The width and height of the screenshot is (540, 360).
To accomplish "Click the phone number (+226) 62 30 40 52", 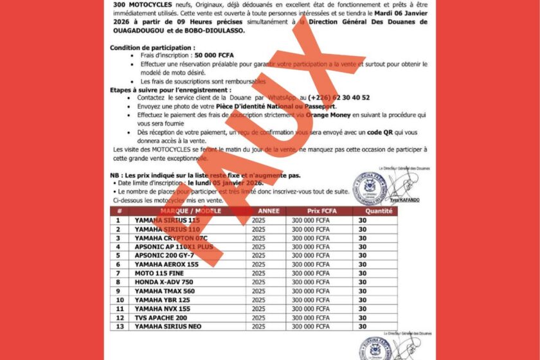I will pyautogui.click(x=338, y=98).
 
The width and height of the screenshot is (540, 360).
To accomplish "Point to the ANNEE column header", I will pyautogui.click(x=269, y=211).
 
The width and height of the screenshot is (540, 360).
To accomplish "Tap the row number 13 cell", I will pyautogui.click(x=118, y=327).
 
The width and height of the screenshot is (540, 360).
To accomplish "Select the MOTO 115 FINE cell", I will pyautogui.click(x=158, y=273).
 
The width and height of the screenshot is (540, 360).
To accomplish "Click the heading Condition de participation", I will pyautogui.click(x=152, y=48).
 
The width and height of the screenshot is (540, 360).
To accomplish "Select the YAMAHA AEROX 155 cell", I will pyautogui.click(x=166, y=264).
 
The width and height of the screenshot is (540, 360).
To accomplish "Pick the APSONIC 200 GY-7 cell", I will pyautogui.click(x=164, y=255).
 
